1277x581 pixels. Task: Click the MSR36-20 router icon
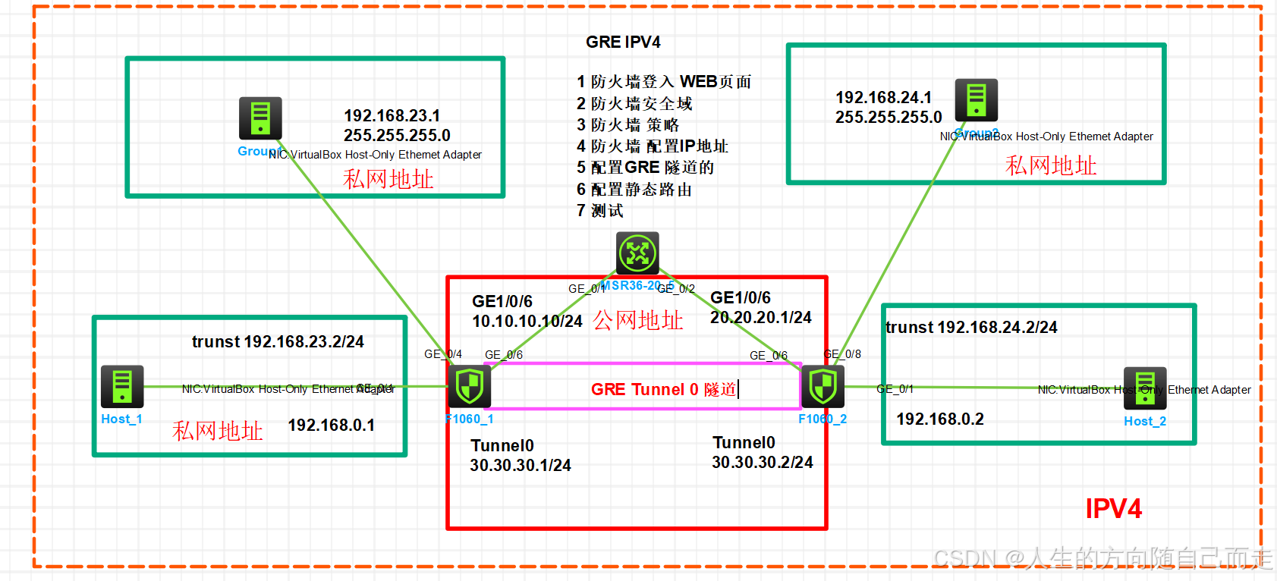(x=637, y=253)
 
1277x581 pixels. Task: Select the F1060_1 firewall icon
(x=470, y=386)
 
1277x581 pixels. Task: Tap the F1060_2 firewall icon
(x=823, y=386)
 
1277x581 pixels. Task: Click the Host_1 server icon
(x=122, y=386)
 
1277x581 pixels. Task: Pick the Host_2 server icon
(x=1144, y=388)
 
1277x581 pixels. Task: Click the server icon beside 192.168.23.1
(x=260, y=118)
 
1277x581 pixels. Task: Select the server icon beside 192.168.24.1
(x=976, y=99)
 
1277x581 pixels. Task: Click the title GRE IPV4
(x=623, y=42)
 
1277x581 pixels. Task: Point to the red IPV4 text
(x=1113, y=509)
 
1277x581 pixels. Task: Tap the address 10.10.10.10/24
(x=527, y=322)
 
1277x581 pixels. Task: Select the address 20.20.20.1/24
(x=760, y=318)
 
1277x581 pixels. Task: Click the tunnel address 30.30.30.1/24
(x=520, y=466)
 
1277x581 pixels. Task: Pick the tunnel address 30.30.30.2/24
(x=762, y=463)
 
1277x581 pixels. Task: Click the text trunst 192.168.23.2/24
(x=278, y=342)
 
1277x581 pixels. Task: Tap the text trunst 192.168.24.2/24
(x=971, y=328)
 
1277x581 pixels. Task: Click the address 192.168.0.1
(x=331, y=426)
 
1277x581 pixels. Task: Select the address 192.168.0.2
(x=939, y=419)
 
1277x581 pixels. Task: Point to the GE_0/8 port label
(x=842, y=354)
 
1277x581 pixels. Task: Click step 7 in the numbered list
(x=600, y=211)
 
